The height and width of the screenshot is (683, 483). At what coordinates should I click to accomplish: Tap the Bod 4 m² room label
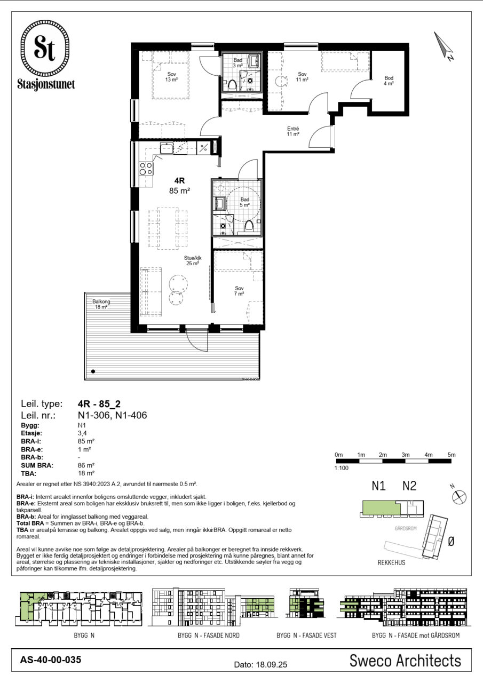coord(389,81)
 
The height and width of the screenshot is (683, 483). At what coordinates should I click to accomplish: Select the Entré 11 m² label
coord(292,131)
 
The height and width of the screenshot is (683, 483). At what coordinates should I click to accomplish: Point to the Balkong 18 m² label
coord(101,304)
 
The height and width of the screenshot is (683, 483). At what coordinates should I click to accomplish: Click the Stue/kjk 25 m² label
coord(193,261)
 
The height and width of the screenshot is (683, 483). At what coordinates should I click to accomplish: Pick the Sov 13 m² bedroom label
coord(171,77)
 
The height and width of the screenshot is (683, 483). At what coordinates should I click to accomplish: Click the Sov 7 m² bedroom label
coord(239,291)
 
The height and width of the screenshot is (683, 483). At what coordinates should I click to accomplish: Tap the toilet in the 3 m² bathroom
coord(232,85)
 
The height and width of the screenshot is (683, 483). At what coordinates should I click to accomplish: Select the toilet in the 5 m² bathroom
coord(249,227)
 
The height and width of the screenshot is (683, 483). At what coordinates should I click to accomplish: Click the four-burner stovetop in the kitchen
coord(146,169)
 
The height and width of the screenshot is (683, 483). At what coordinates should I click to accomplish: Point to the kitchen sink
coord(167,148)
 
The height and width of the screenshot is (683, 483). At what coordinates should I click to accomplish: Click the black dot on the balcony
coord(93,371)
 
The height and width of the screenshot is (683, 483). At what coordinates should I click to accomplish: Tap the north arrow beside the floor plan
coord(443,45)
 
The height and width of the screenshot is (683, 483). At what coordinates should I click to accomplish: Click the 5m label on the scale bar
coord(452,455)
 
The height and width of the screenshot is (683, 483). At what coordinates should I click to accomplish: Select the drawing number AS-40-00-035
coord(51,660)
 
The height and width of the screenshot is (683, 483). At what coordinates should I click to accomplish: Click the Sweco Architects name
coord(405,661)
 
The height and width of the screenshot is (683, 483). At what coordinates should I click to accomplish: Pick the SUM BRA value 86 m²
coord(86,465)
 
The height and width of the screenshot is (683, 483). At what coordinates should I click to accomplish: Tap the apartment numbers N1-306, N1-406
coord(112,415)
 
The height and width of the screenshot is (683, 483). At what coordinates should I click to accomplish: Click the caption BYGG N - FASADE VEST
coord(306,636)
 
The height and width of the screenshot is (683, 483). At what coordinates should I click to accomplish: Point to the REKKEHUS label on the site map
coord(392,562)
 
